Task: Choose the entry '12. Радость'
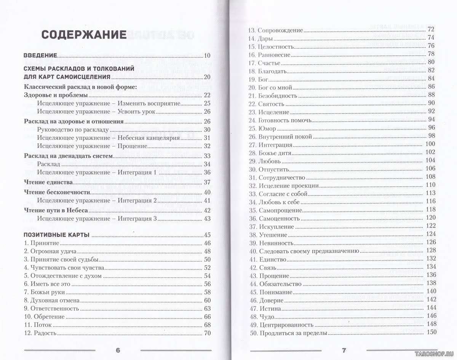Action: [40, 333]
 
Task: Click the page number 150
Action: [431, 333]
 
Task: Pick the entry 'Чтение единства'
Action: [48, 182]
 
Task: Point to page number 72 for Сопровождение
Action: [431, 29]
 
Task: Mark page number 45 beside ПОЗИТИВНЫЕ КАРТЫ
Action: [207, 235]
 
